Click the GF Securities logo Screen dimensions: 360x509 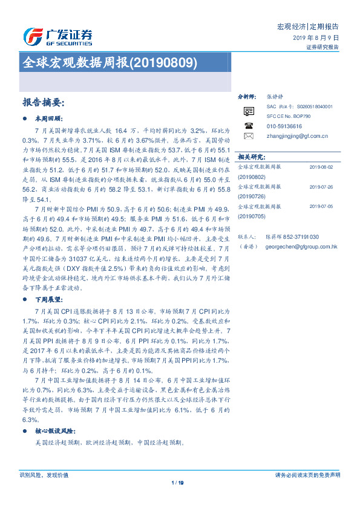click(57, 37)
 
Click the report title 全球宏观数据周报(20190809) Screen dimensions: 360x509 click(109, 62)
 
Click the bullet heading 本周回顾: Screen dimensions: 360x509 click(50, 118)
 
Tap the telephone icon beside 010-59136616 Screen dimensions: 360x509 click(248, 125)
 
